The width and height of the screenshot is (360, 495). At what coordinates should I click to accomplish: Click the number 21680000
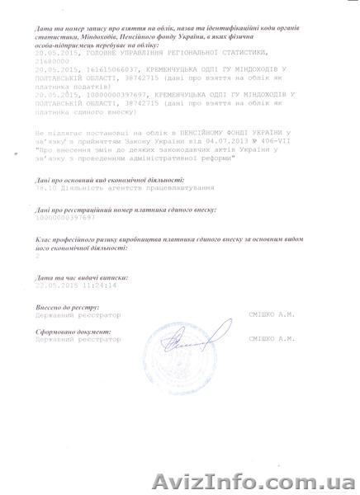[x=54, y=84]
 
